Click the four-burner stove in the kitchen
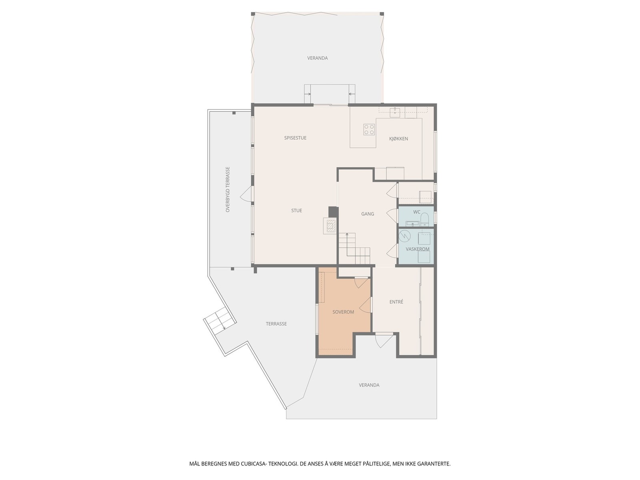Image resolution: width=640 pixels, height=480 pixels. [x=369, y=129]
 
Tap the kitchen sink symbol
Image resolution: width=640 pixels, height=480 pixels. [x=395, y=111]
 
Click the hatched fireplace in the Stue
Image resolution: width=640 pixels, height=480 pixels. [x=330, y=226]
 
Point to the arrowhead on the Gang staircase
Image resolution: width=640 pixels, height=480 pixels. [x=347, y=234]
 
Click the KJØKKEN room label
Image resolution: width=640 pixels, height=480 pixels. [x=398, y=139]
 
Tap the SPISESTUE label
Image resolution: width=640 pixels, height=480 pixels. [x=295, y=138]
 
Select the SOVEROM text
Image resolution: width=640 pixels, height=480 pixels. [x=343, y=312]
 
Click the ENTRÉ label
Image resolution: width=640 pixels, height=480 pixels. [x=396, y=302]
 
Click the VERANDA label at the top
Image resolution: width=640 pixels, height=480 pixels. [x=317, y=58]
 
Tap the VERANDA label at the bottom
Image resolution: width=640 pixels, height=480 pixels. [x=369, y=385]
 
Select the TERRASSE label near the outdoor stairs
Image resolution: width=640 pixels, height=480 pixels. [x=276, y=324]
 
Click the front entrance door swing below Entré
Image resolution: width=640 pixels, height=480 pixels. [x=381, y=340]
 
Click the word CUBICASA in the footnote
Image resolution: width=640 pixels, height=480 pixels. [x=255, y=464]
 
